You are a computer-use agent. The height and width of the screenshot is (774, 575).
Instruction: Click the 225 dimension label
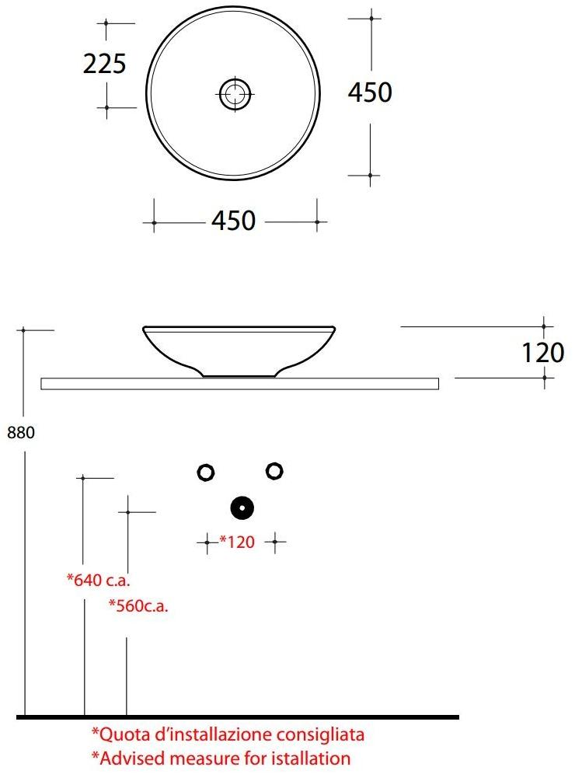click(x=104, y=64)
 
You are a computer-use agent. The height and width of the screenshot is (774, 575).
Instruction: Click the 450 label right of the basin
click(x=370, y=93)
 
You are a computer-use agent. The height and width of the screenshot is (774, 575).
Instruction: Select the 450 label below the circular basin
click(x=233, y=221)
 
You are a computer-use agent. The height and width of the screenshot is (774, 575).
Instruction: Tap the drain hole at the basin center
click(x=234, y=95)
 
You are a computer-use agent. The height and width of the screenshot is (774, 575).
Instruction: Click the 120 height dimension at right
click(x=542, y=354)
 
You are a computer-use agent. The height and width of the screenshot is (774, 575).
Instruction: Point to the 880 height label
click(x=21, y=434)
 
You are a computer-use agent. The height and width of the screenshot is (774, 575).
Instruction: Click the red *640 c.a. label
click(x=97, y=579)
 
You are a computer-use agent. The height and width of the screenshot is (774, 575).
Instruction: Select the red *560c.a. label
click(x=138, y=605)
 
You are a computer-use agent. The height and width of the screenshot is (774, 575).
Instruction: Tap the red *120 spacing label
click(x=238, y=542)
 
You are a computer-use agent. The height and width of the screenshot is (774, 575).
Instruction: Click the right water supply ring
click(x=274, y=470)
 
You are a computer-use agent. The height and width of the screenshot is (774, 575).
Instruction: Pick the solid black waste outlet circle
click(x=242, y=508)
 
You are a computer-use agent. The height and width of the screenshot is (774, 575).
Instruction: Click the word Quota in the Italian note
click(x=122, y=734)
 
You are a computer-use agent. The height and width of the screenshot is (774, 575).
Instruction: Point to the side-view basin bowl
click(x=239, y=348)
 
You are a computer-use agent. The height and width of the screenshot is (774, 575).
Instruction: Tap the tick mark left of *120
click(x=207, y=542)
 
